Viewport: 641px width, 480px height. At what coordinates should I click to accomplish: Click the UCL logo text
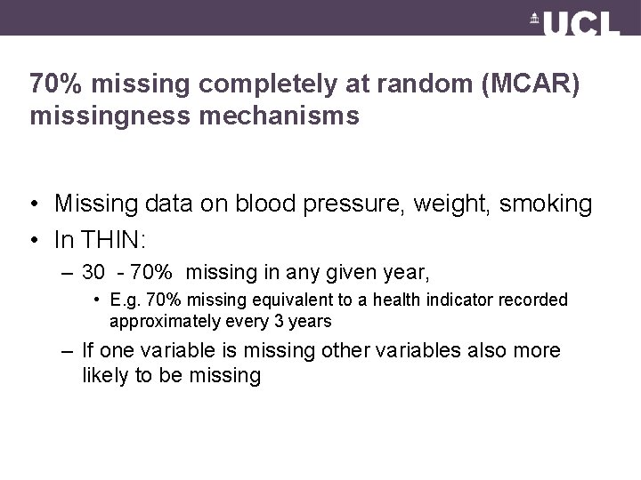click(x=583, y=23)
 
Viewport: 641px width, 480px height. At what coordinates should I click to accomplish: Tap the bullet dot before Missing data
click(x=33, y=204)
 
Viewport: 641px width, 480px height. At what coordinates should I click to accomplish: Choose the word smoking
click(x=548, y=204)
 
